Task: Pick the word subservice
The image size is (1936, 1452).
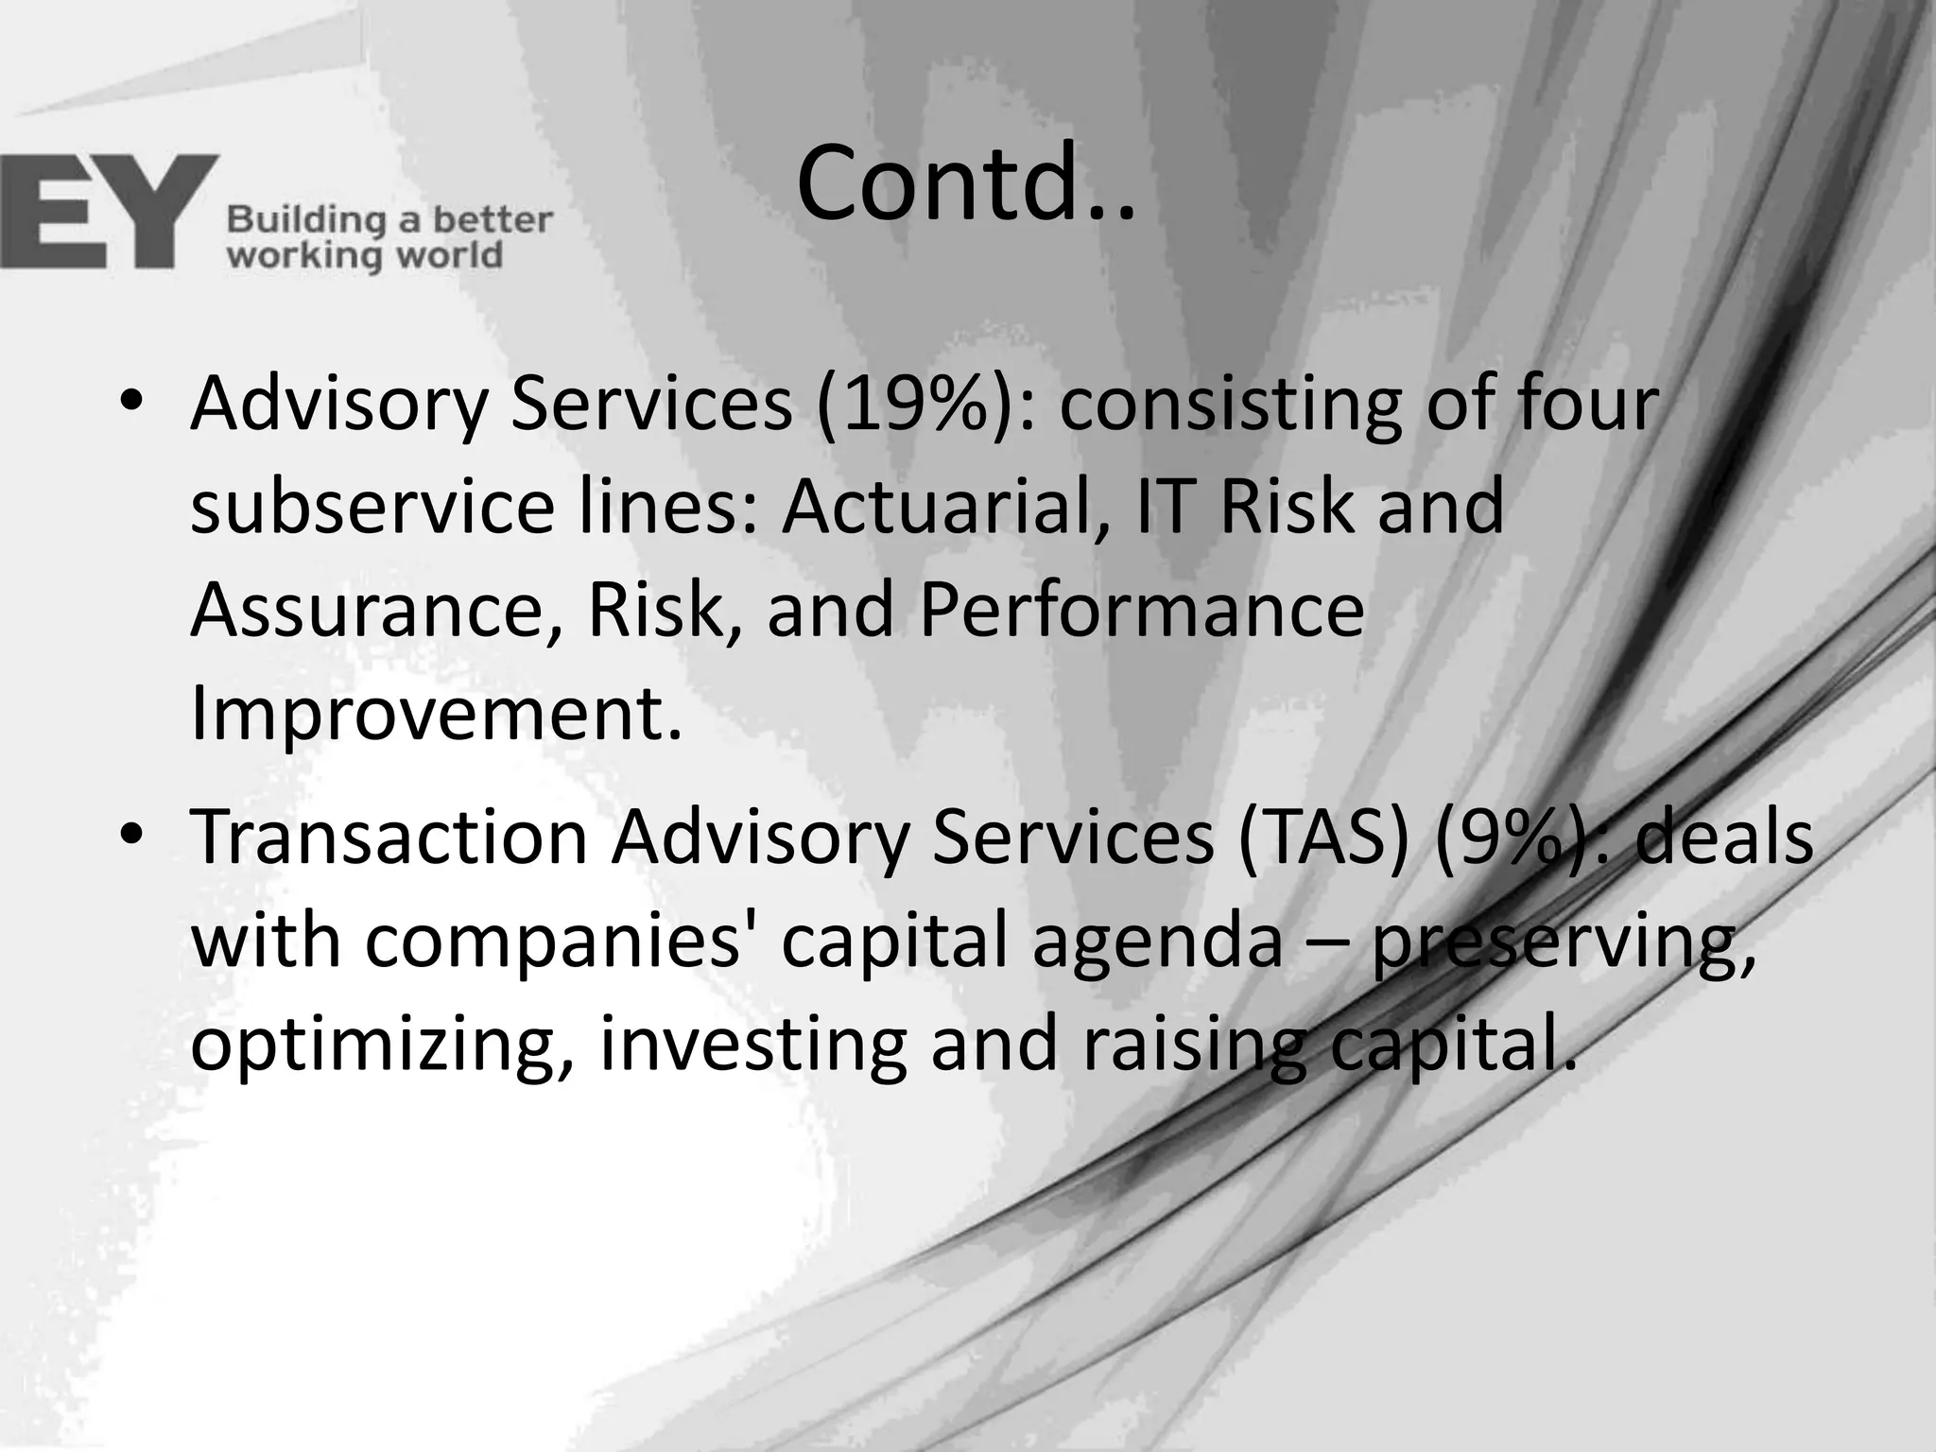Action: coord(372,507)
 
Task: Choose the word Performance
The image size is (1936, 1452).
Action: coord(1141,610)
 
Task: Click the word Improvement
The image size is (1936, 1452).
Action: coord(436,714)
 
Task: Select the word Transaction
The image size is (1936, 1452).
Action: coord(389,838)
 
